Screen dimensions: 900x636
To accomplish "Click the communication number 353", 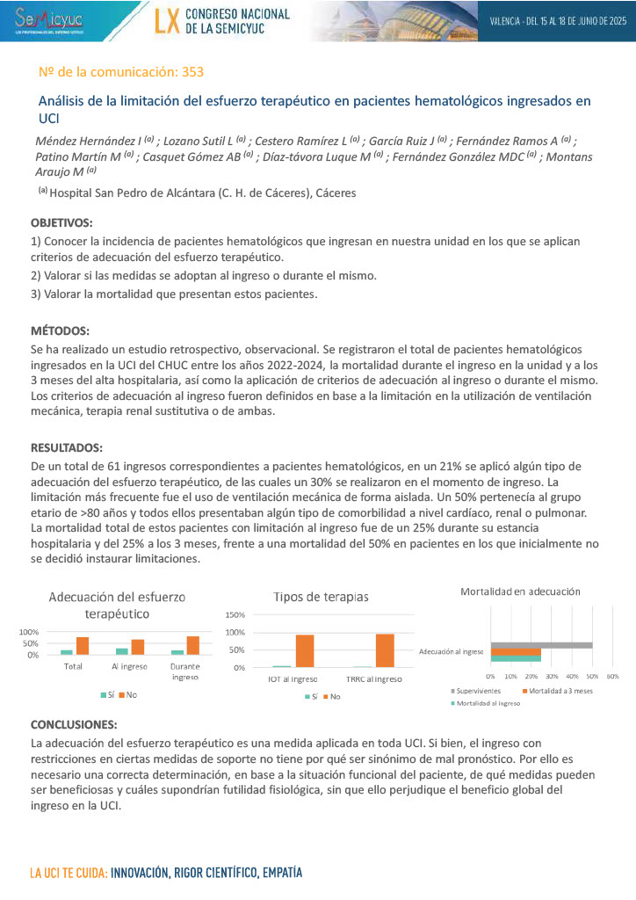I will [x=192, y=71].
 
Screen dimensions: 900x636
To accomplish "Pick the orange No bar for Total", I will [x=83, y=646].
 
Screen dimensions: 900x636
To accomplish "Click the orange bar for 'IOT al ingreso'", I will [x=305, y=650].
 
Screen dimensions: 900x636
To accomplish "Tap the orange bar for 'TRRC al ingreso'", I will [x=385, y=650].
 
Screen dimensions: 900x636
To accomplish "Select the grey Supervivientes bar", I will [x=541, y=645].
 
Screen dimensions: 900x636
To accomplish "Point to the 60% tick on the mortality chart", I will [x=612, y=676].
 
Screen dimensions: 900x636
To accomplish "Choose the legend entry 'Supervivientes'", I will [x=477, y=691].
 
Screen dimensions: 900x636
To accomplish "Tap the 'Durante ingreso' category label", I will [x=184, y=671].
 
